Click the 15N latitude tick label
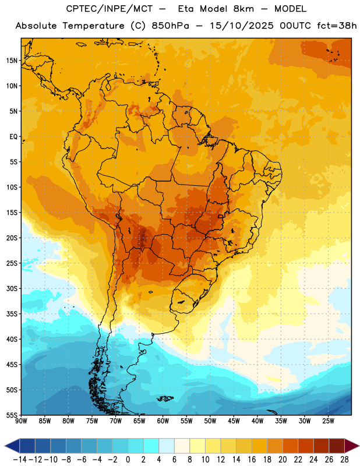click(x=12, y=61)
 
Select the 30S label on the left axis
click(x=12, y=288)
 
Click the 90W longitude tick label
click(x=21, y=421)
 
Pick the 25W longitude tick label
click(x=328, y=421)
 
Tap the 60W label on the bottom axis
click(x=163, y=421)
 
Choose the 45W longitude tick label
click(x=234, y=421)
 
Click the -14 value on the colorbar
click(x=20, y=460)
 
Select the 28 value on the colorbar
click(x=344, y=460)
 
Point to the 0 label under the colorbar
click(x=128, y=460)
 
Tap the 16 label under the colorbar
click(x=252, y=460)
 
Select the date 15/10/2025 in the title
click(x=242, y=26)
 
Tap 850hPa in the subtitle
click(x=170, y=26)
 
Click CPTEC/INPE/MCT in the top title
click(x=110, y=9)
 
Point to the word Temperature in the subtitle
click(x=93, y=26)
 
